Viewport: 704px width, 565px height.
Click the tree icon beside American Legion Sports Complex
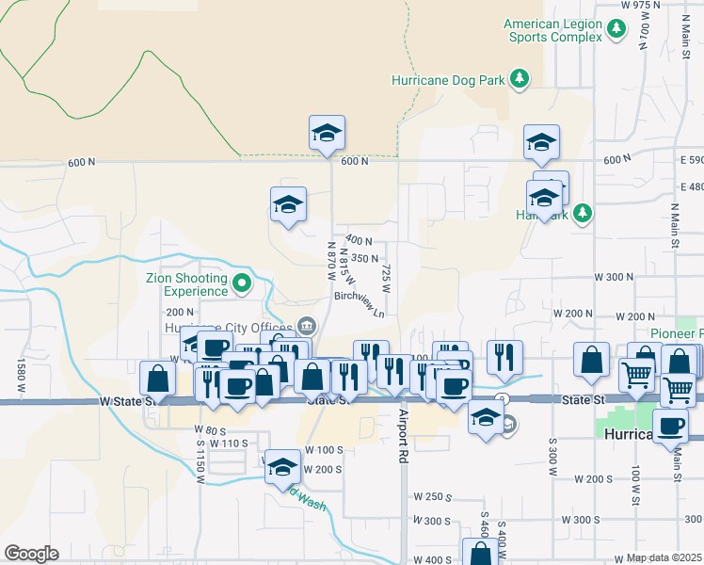pyautogui.click(x=616, y=30)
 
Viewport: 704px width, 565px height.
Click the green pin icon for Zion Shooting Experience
pyautogui.click(x=242, y=281)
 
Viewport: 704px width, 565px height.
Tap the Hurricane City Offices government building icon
pyautogui.click(x=307, y=326)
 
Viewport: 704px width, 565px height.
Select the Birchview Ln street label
pyautogui.click(x=360, y=302)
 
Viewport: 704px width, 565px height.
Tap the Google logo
pyautogui.click(x=31, y=554)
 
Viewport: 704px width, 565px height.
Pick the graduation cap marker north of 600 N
pyautogui.click(x=327, y=133)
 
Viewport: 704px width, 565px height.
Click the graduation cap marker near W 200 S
pyautogui.click(x=282, y=467)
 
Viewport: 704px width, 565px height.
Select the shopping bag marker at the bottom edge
pyautogui.click(x=480, y=554)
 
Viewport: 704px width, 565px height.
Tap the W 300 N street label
pyautogui.click(x=614, y=277)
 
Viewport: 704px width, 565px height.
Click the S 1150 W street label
pyautogui.click(x=200, y=460)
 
